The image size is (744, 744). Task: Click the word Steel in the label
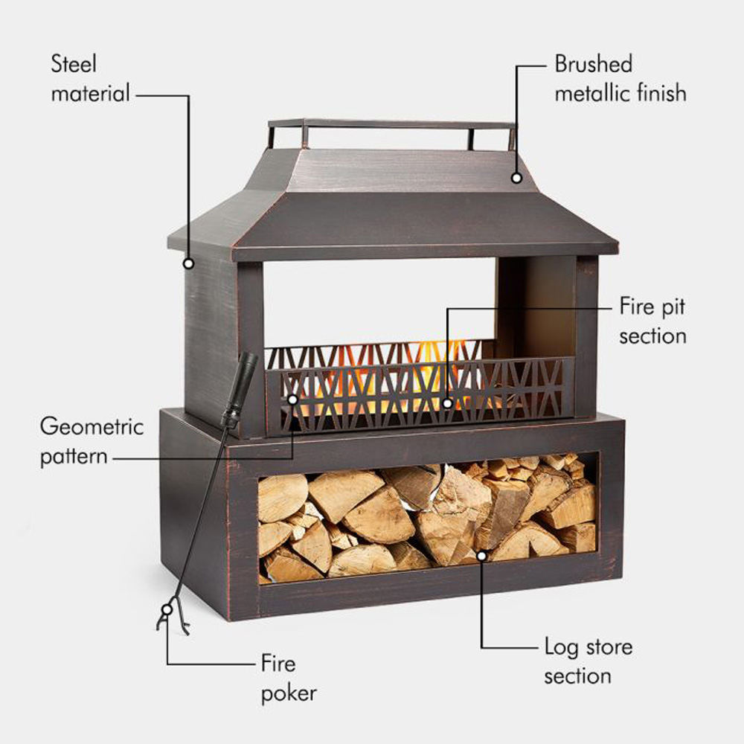pyautogui.click(x=74, y=63)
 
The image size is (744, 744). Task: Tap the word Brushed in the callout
pyautogui.click(x=593, y=64)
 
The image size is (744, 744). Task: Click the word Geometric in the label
pyautogui.click(x=91, y=427)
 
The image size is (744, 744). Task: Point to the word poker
pyautogui.click(x=289, y=693)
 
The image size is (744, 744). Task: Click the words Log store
pyautogui.click(x=588, y=647)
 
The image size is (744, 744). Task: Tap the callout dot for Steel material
pyautogui.click(x=188, y=263)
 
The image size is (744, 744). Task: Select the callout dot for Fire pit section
pyautogui.click(x=447, y=403)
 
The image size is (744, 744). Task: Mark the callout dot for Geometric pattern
pyautogui.click(x=292, y=400)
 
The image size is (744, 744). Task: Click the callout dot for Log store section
pyautogui.click(x=481, y=554)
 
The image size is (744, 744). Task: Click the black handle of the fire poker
pyautogui.click(x=241, y=387)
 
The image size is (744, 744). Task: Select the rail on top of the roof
pyautogui.click(x=391, y=124)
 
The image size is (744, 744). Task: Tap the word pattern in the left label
pyautogui.click(x=73, y=456)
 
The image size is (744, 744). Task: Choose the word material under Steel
pyautogui.click(x=90, y=94)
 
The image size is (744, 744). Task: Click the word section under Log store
pyautogui.click(x=577, y=676)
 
